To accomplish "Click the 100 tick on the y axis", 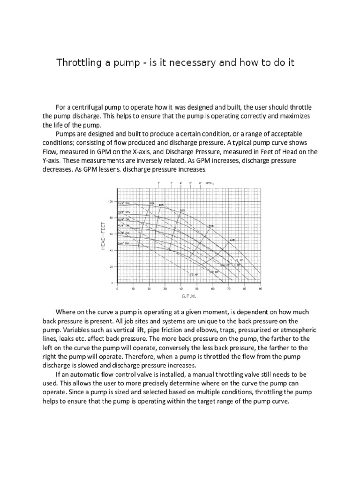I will [x=111, y=202].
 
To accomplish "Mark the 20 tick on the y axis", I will [x=111, y=267].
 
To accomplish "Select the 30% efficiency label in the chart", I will [x=152, y=203].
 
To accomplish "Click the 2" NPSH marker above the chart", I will [x=158, y=183].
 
